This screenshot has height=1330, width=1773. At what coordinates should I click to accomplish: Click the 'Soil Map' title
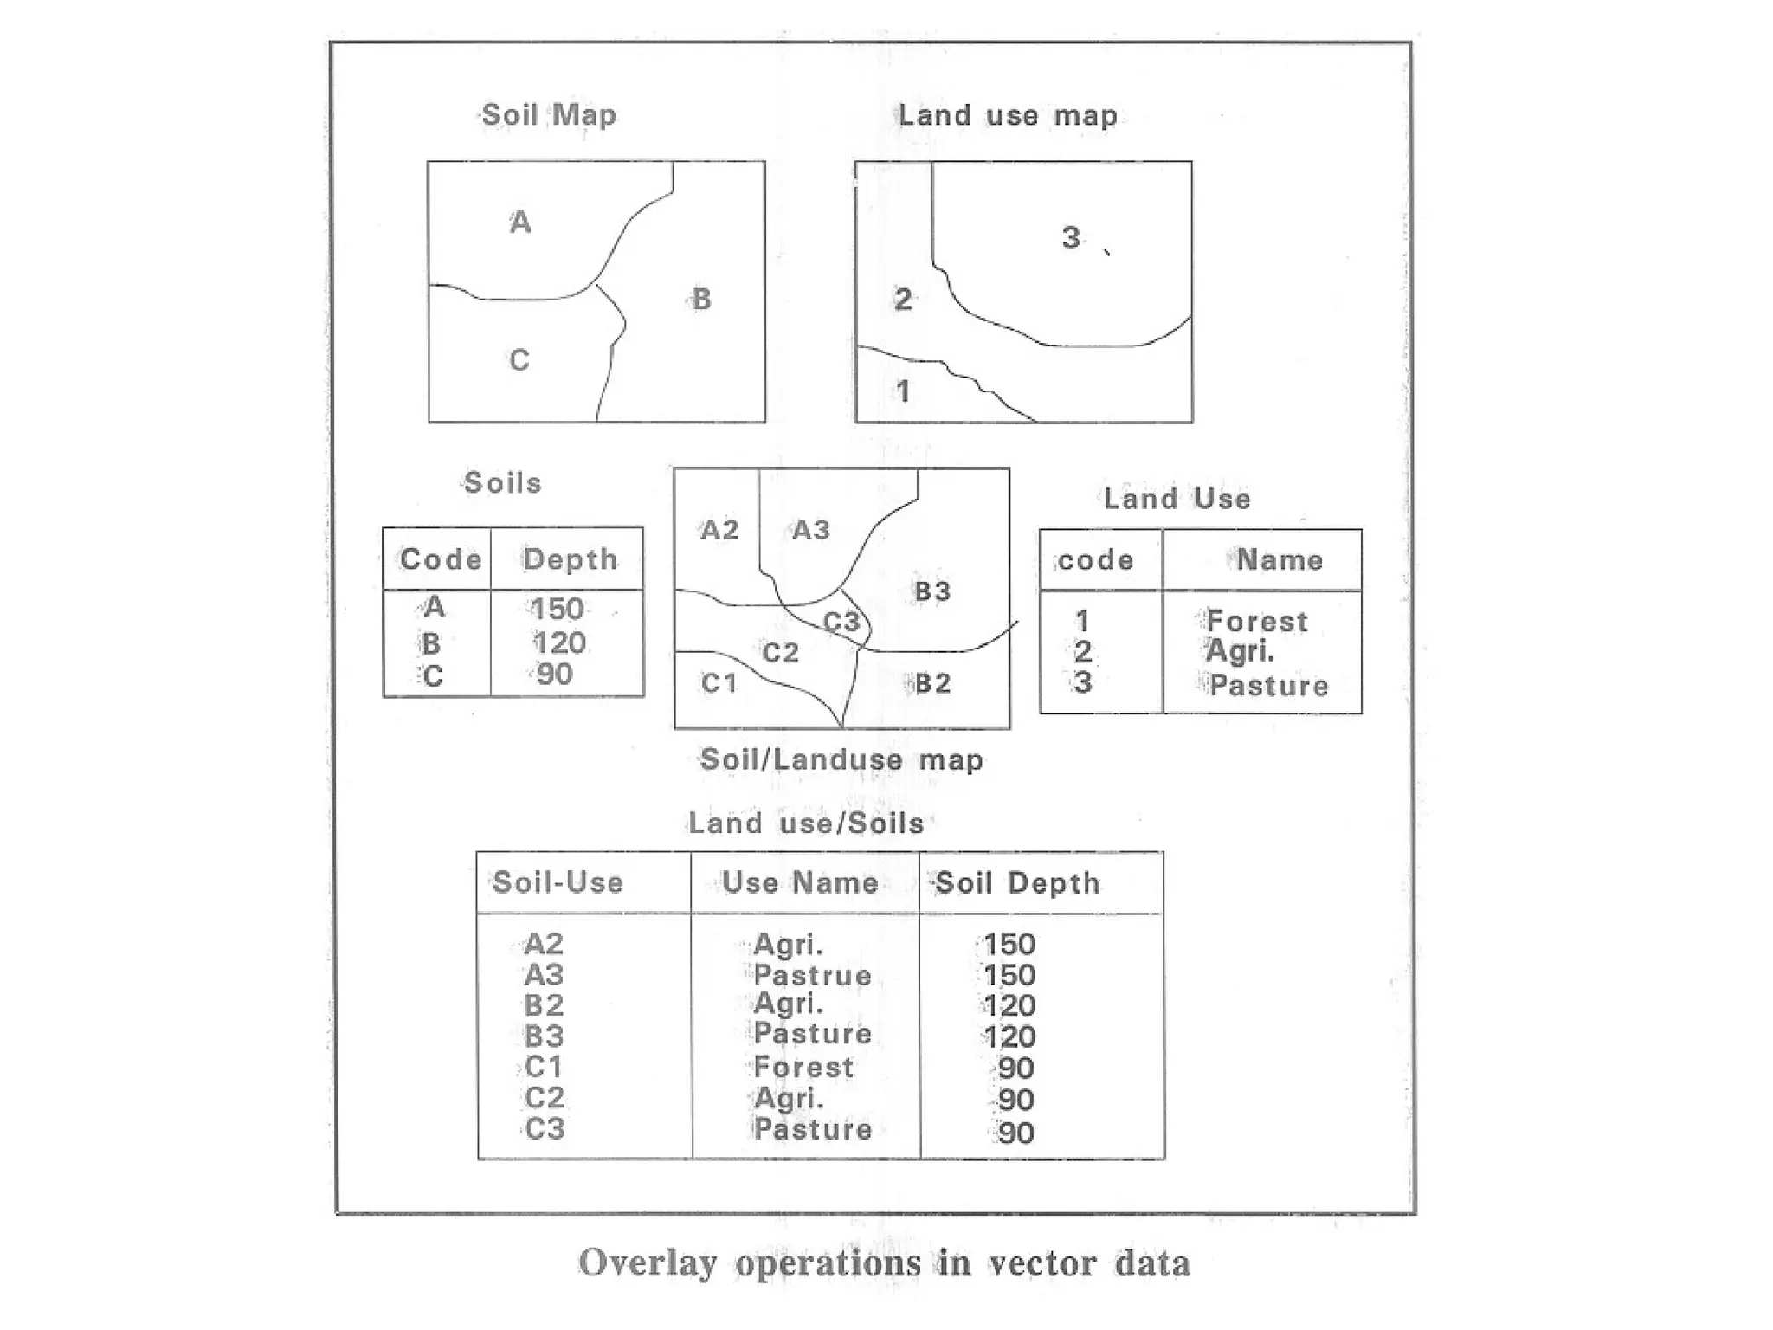[548, 114]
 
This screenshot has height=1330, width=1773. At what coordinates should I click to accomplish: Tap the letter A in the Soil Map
[519, 223]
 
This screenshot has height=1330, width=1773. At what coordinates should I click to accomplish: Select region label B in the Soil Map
[701, 300]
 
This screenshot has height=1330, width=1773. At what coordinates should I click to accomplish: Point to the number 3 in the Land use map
[1071, 237]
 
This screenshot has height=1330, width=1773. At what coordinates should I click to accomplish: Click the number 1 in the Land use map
[903, 391]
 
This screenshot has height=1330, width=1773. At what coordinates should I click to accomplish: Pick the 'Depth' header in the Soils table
[570, 559]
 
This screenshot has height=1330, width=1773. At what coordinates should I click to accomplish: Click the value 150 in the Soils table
[558, 609]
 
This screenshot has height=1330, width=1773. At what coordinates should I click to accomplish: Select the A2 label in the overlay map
[719, 529]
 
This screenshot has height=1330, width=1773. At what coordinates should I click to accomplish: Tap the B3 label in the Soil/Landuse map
[932, 591]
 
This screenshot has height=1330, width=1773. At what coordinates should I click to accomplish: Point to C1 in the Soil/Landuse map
[719, 683]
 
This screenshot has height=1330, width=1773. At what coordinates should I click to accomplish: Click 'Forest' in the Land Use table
[1257, 621]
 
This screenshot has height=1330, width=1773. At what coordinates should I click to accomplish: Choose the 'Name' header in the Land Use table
[1280, 560]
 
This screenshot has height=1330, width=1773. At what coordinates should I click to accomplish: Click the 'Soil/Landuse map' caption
[841, 759]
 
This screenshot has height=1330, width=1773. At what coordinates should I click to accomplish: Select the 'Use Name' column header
[801, 882]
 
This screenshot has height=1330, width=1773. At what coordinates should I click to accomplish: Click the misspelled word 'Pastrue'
[812, 975]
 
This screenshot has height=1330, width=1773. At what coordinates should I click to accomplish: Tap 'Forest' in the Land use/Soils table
[803, 1067]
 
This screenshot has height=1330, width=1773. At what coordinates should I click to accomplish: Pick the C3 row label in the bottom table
[545, 1128]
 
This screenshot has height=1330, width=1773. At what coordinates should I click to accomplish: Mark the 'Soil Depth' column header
[1017, 883]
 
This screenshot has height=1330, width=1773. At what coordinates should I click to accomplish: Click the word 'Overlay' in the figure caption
[648, 1263]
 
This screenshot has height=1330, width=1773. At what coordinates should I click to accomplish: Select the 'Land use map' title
[1008, 115]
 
